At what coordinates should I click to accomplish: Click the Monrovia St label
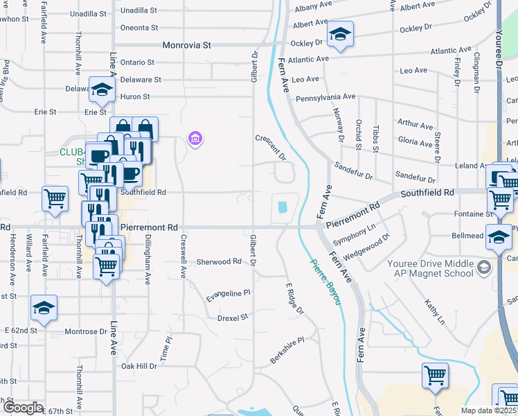[x=186, y=45]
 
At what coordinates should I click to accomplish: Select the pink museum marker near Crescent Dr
[x=195, y=139]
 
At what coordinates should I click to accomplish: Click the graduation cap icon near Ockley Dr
[x=340, y=35]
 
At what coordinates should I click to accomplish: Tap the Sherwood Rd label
[x=218, y=262]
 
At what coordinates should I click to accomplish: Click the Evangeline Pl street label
[x=228, y=295]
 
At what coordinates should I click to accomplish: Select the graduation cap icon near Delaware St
[x=102, y=89]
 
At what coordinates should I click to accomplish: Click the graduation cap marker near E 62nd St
[x=44, y=308]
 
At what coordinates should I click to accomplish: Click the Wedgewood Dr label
[x=367, y=247]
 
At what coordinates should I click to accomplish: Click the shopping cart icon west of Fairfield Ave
[x=55, y=198]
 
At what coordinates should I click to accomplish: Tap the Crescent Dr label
[x=270, y=146]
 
